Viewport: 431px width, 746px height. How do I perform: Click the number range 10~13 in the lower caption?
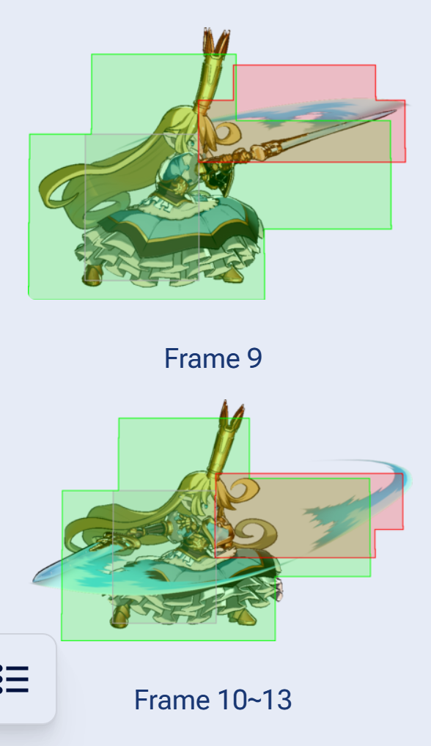pyautogui.click(x=255, y=700)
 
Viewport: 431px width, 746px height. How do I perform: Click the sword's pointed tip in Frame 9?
pyautogui.click(x=394, y=112)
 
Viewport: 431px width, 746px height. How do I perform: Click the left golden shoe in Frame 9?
pyautogui.click(x=93, y=276)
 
